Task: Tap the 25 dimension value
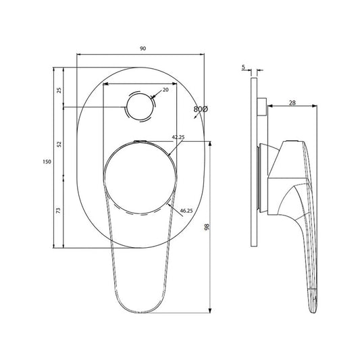[x=59, y=89]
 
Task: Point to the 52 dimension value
[x=59, y=144]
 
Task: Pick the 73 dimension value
[x=59, y=212]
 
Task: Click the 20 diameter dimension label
[x=165, y=90]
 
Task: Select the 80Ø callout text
[x=200, y=109]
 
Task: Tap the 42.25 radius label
[x=178, y=137]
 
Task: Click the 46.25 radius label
[x=186, y=211]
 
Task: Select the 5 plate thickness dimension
[x=243, y=66]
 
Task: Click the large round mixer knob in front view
[x=139, y=177]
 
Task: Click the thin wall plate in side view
[x=253, y=162]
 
